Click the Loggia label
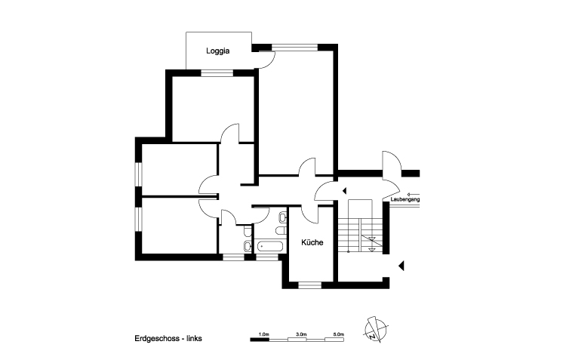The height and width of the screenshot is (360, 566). point(218,51)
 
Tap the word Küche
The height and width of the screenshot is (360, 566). point(312,242)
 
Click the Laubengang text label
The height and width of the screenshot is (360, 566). point(405,199)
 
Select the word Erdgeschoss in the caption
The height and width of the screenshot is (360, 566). point(154,339)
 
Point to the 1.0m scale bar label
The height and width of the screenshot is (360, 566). point(263,333)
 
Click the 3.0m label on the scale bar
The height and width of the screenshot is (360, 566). point(301,333)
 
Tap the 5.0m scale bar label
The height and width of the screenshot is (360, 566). point(338,333)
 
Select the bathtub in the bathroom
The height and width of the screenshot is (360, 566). point(269,246)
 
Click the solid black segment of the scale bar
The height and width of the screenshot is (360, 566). point(260,340)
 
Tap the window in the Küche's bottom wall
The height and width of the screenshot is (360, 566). point(309,285)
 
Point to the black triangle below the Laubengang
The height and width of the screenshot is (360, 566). point(402,264)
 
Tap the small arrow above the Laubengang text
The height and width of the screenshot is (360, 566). point(413,194)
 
